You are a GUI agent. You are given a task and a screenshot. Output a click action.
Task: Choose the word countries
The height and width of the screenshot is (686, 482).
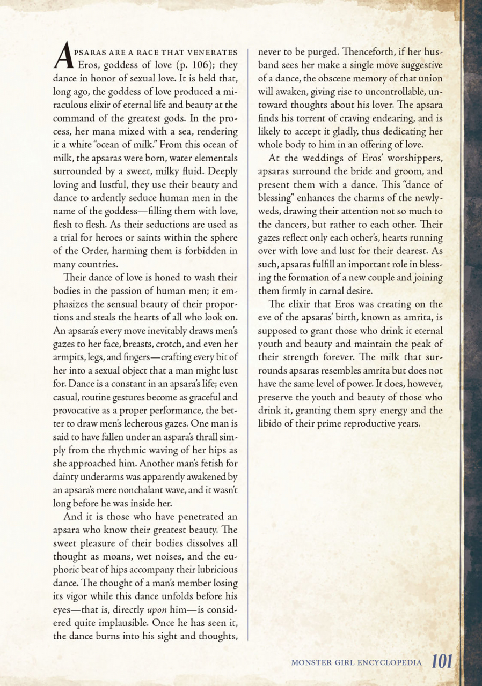[99, 264]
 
